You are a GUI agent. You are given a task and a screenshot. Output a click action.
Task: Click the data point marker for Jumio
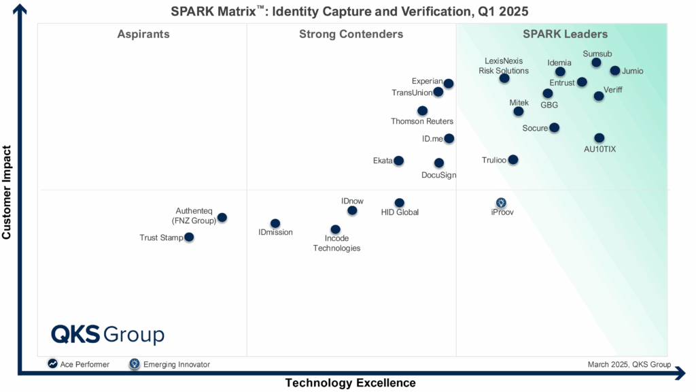(x=614, y=71)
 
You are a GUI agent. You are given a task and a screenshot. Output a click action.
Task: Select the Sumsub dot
(x=596, y=63)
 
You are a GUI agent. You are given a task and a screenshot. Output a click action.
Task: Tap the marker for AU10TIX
(x=599, y=138)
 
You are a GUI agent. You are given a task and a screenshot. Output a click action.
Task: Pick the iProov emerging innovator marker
(x=501, y=203)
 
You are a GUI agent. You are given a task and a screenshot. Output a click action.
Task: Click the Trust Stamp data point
(x=189, y=237)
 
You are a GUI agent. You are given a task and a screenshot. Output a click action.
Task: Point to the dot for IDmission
(x=275, y=223)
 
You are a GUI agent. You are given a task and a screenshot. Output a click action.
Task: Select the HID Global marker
(x=400, y=203)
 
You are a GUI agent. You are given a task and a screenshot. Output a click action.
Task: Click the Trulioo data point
(x=513, y=160)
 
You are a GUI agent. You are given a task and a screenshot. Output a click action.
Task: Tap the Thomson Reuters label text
(x=422, y=122)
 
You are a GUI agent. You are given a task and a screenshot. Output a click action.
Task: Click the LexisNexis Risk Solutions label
(x=504, y=66)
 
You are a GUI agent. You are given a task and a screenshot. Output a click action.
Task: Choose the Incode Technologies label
(x=336, y=244)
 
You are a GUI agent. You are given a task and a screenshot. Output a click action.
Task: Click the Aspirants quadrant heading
(x=143, y=35)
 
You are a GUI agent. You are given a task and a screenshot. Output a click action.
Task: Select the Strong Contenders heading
(x=351, y=35)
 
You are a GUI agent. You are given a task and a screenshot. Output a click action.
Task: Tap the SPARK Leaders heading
(x=565, y=35)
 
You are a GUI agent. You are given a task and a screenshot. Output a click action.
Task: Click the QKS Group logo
(x=107, y=335)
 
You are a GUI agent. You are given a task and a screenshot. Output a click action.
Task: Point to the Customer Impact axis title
(x=7, y=192)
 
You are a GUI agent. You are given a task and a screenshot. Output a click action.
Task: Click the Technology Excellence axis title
(x=350, y=383)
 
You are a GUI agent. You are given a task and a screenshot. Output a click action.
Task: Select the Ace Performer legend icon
(x=52, y=364)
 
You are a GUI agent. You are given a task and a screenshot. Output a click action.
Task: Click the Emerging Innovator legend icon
(x=135, y=364)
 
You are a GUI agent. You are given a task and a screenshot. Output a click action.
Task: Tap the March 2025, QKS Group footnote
(x=629, y=365)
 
